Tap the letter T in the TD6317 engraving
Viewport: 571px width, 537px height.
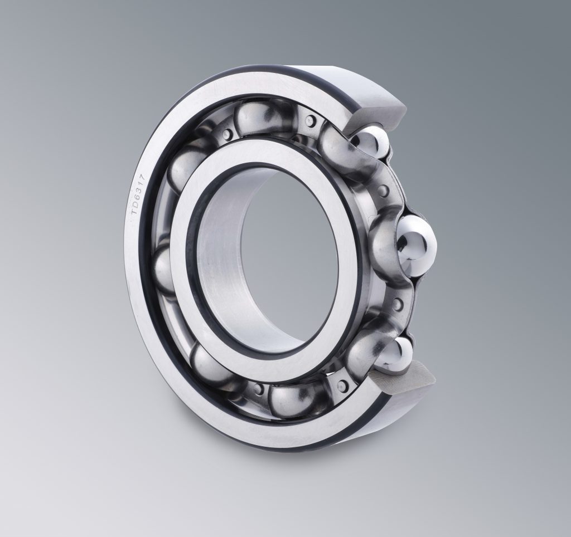tap(134, 219)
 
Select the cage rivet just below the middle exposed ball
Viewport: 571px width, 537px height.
tap(397, 304)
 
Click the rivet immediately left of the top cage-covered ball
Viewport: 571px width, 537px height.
tap(227, 132)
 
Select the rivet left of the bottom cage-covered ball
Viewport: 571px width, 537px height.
tap(257, 387)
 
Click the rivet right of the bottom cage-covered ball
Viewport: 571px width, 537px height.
tap(340, 385)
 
